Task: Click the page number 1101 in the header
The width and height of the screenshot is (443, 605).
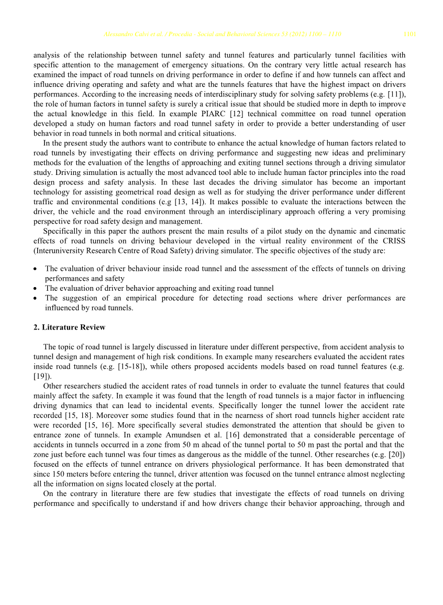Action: pyautogui.click(x=409, y=35)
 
